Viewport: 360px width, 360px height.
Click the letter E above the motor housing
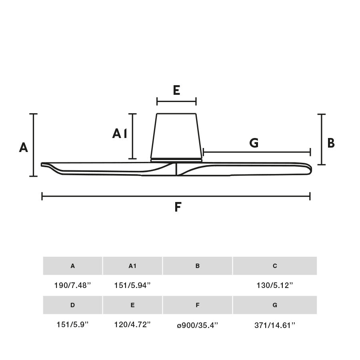click(x=176, y=90)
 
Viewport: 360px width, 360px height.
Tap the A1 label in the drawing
click(x=120, y=134)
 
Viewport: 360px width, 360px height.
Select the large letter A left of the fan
click(x=24, y=148)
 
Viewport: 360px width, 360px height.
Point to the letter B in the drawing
click(x=331, y=143)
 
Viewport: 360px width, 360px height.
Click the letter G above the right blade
click(x=254, y=143)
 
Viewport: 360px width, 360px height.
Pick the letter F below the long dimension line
click(x=178, y=207)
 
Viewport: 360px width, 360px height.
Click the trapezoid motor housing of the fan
click(x=176, y=136)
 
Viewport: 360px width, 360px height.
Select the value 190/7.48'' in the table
click(x=73, y=286)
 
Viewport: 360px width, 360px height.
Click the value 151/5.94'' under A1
click(x=132, y=286)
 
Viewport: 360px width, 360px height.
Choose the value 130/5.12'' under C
click(x=275, y=286)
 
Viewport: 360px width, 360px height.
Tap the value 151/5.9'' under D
click(x=72, y=325)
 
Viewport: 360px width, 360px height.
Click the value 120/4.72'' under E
click(x=132, y=325)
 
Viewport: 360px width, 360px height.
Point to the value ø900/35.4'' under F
click(x=197, y=325)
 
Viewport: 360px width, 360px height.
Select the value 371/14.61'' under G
click(x=275, y=325)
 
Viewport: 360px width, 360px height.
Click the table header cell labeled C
click(x=275, y=266)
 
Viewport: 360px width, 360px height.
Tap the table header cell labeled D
click(x=72, y=305)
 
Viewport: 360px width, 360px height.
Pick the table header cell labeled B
click(x=197, y=266)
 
